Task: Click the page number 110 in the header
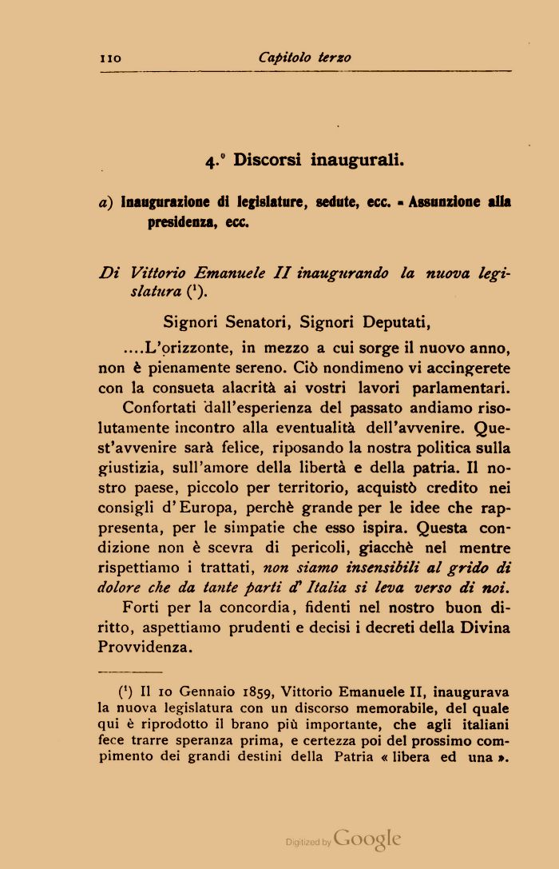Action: [109, 58]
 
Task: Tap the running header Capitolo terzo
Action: [304, 58]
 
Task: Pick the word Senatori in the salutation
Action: [240, 323]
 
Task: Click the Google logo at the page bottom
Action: [367, 839]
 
